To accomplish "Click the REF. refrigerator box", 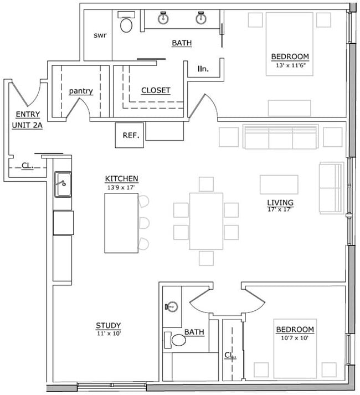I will click(130, 135).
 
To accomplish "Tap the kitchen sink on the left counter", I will click(63, 184).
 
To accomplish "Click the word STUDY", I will click(108, 325).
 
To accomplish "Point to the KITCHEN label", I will click(121, 178).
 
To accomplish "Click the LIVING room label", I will click(280, 202).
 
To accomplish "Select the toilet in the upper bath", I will click(127, 25).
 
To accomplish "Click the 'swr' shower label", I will click(100, 35).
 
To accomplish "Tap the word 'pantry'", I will click(81, 91).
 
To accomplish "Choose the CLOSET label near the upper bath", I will click(156, 90).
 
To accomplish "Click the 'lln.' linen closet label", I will click(203, 69).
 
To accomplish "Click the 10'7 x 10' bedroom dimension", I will click(295, 337).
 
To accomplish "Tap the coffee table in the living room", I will click(279, 184).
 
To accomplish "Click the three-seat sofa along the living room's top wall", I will click(281, 137).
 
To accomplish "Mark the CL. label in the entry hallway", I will click(27, 165).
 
